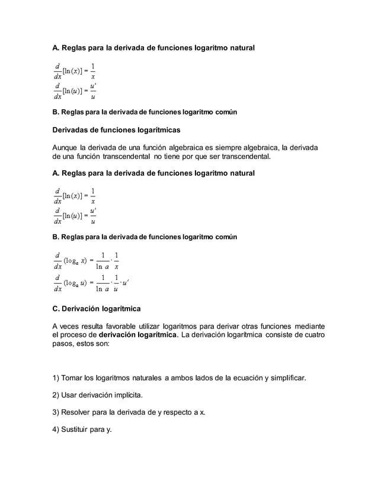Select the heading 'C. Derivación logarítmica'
click(96, 309)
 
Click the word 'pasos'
click(63, 345)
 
